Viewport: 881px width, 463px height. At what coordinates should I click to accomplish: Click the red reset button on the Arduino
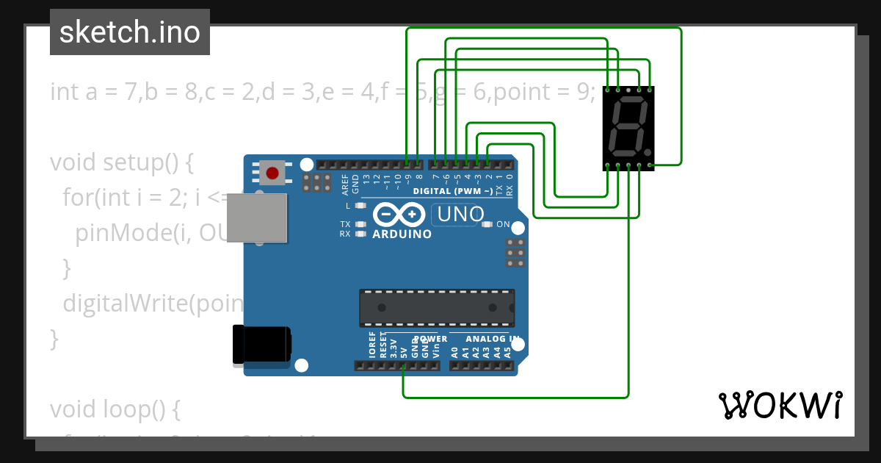tap(272, 174)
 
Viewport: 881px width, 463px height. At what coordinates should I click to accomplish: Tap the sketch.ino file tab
tap(130, 32)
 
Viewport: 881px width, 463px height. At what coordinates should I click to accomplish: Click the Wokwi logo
tap(780, 405)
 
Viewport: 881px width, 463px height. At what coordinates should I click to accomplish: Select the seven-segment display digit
tap(628, 126)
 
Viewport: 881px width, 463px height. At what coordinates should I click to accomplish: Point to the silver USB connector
tap(256, 218)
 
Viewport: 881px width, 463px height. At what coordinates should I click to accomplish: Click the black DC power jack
tap(261, 345)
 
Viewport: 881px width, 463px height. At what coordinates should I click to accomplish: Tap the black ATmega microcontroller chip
tap(436, 308)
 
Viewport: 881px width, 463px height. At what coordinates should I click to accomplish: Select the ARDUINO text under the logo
tap(402, 234)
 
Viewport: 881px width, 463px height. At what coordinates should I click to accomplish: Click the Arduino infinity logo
tap(399, 214)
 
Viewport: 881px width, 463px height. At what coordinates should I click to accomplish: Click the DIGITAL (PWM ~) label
tap(452, 191)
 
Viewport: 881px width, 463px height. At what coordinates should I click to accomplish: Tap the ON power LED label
tap(504, 224)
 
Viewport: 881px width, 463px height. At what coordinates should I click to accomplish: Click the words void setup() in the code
tap(121, 162)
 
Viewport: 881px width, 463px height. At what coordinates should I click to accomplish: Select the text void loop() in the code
tap(115, 409)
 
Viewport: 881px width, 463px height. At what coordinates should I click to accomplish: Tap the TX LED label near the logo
tap(345, 224)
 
